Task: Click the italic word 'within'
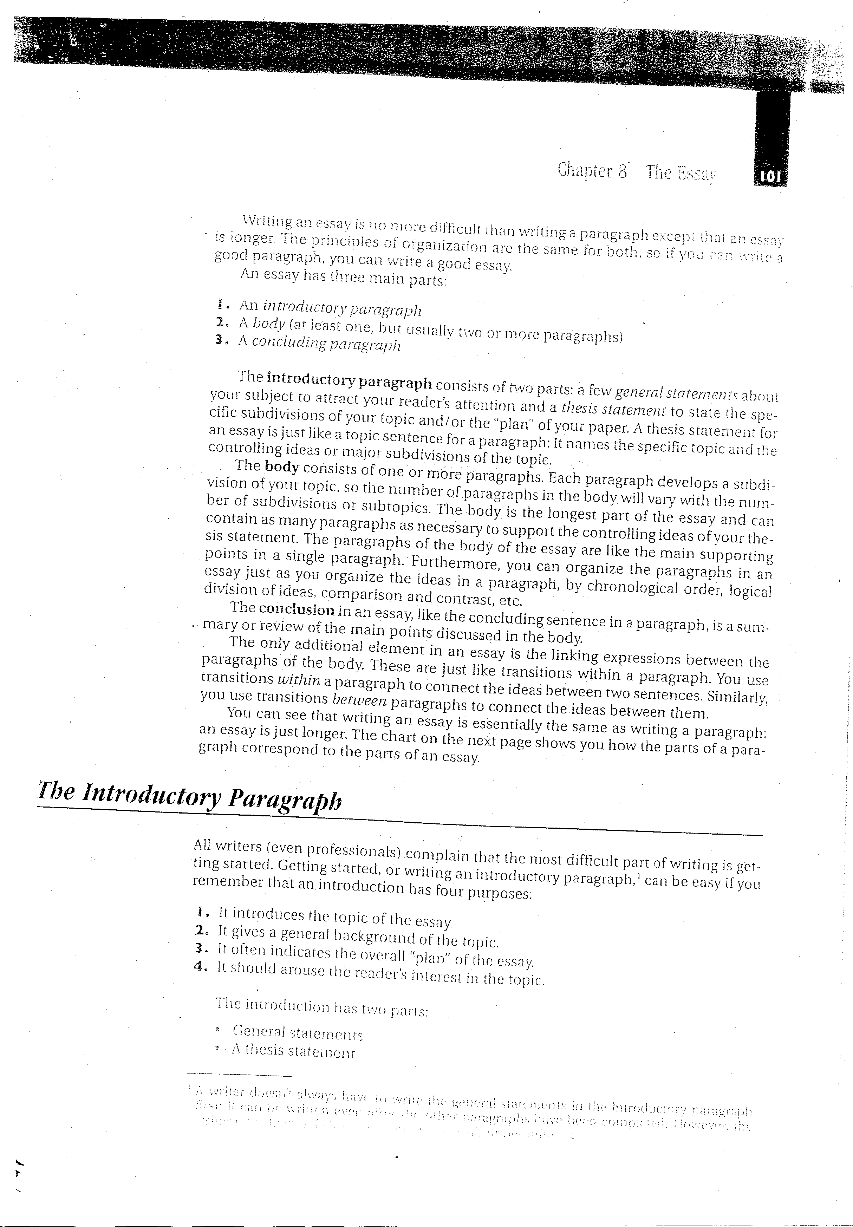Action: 299,680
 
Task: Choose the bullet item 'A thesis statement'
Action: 293,1051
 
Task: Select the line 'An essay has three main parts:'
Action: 343,278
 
